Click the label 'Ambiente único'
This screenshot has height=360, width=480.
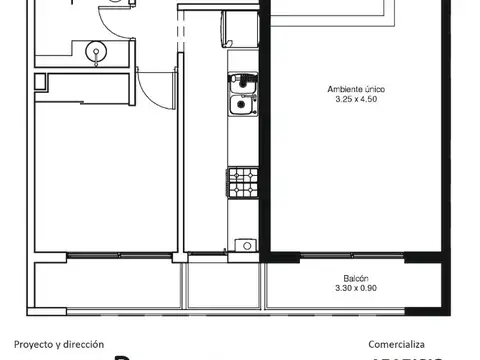tap(356, 90)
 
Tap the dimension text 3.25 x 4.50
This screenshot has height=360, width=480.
tap(356, 100)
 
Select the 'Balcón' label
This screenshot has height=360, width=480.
tap(357, 279)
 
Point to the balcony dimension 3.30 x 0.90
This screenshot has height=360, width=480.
tap(357, 288)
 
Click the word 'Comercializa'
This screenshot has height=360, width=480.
tap(397, 344)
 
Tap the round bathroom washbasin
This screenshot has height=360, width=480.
tap(96, 50)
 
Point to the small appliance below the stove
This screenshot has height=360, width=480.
tap(241, 244)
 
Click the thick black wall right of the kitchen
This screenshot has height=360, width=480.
tap(265, 130)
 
